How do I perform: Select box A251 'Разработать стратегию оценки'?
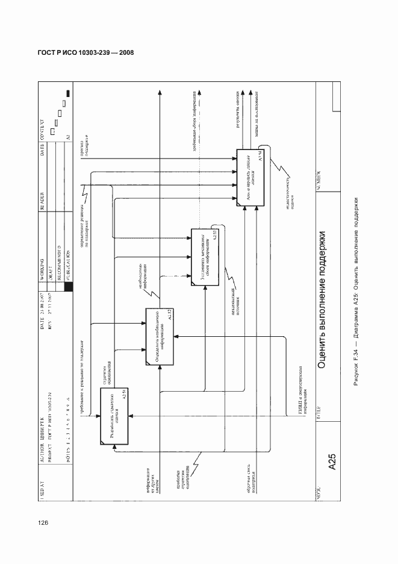[119, 416]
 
